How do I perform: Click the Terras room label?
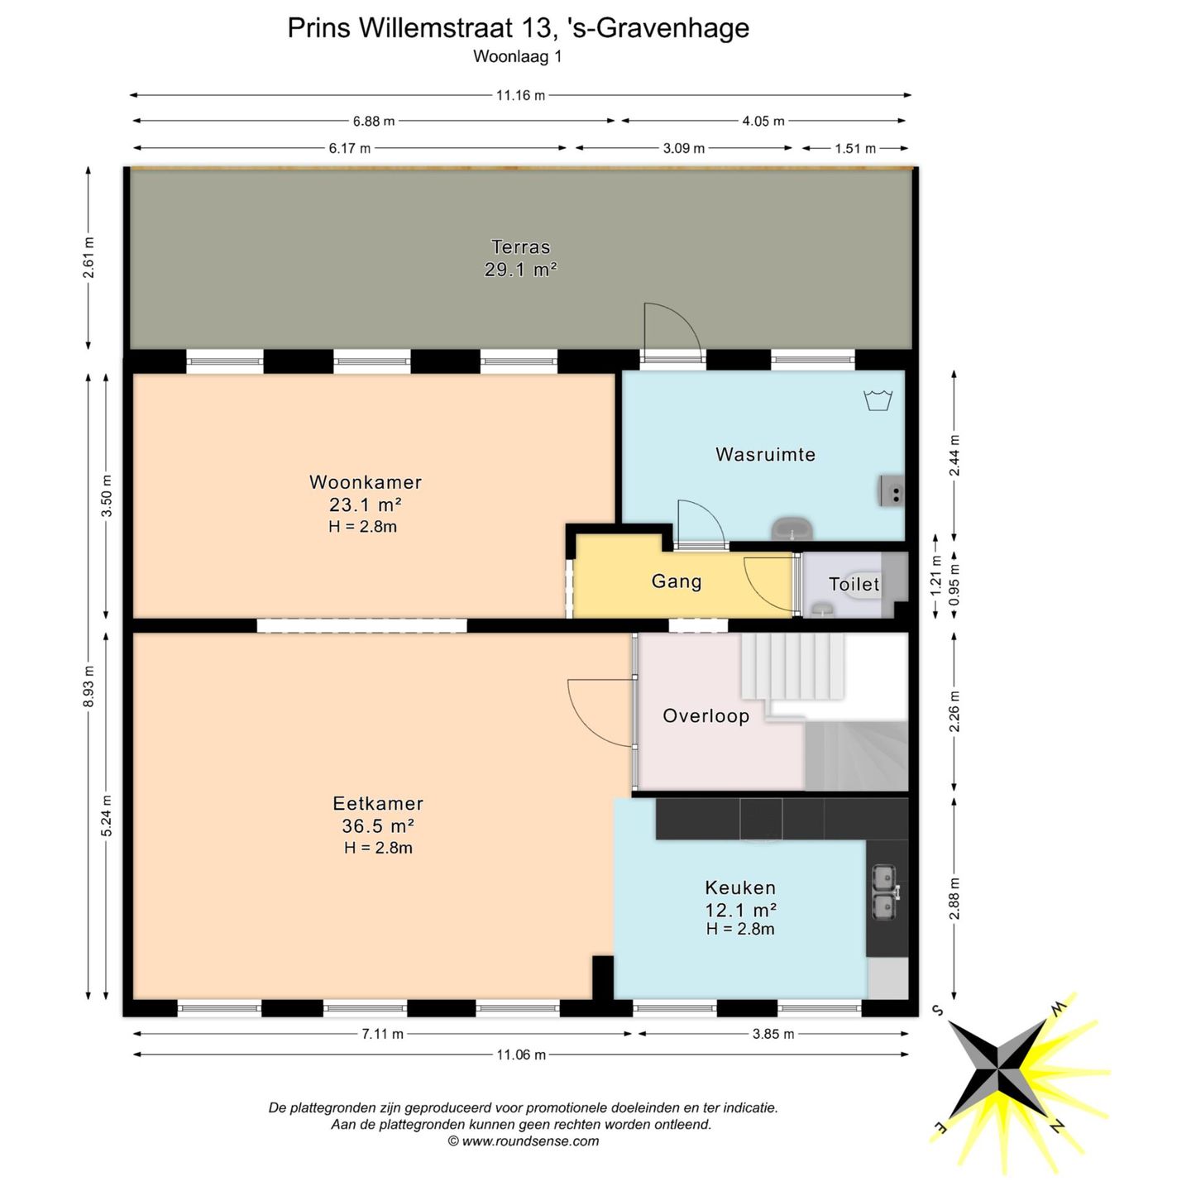[x=520, y=246]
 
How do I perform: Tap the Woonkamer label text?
[x=366, y=482]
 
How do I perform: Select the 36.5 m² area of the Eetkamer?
[x=378, y=825]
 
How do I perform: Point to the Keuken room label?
[x=740, y=887]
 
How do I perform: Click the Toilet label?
[x=854, y=585]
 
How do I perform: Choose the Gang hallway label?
[x=677, y=581]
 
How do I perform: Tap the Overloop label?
[x=706, y=716]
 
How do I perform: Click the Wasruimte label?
[x=765, y=454]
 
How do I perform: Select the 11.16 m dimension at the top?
[x=520, y=95]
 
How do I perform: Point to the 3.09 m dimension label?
[x=684, y=148]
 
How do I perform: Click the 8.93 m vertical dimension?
[x=89, y=686]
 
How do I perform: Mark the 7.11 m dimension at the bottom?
[x=383, y=1034]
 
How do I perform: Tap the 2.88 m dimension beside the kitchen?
[x=954, y=899]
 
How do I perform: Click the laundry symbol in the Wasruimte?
[x=878, y=400]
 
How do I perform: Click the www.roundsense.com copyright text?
[x=523, y=1141]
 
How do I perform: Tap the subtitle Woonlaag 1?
[x=517, y=56]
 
